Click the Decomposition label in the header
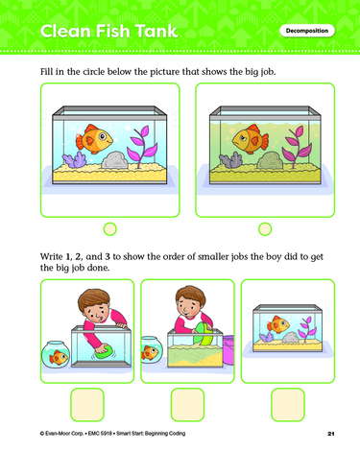click(x=307, y=31)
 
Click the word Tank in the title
click(x=156, y=31)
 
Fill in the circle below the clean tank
click(x=110, y=229)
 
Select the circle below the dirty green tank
click(x=265, y=229)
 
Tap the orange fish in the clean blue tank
click(x=94, y=139)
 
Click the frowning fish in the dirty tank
click(x=251, y=139)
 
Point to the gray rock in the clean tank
click(x=114, y=160)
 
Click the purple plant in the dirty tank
click(x=297, y=147)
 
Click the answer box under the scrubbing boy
click(x=87, y=405)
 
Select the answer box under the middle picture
click(x=187, y=405)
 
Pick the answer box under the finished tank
click(x=288, y=405)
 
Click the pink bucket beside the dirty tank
click(x=228, y=350)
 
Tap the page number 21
click(x=331, y=434)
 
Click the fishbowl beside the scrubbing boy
click(x=56, y=354)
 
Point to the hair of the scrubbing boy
click(x=94, y=299)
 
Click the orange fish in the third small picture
click(x=278, y=324)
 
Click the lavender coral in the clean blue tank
click(x=74, y=159)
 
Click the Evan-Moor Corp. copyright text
click(x=62, y=434)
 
